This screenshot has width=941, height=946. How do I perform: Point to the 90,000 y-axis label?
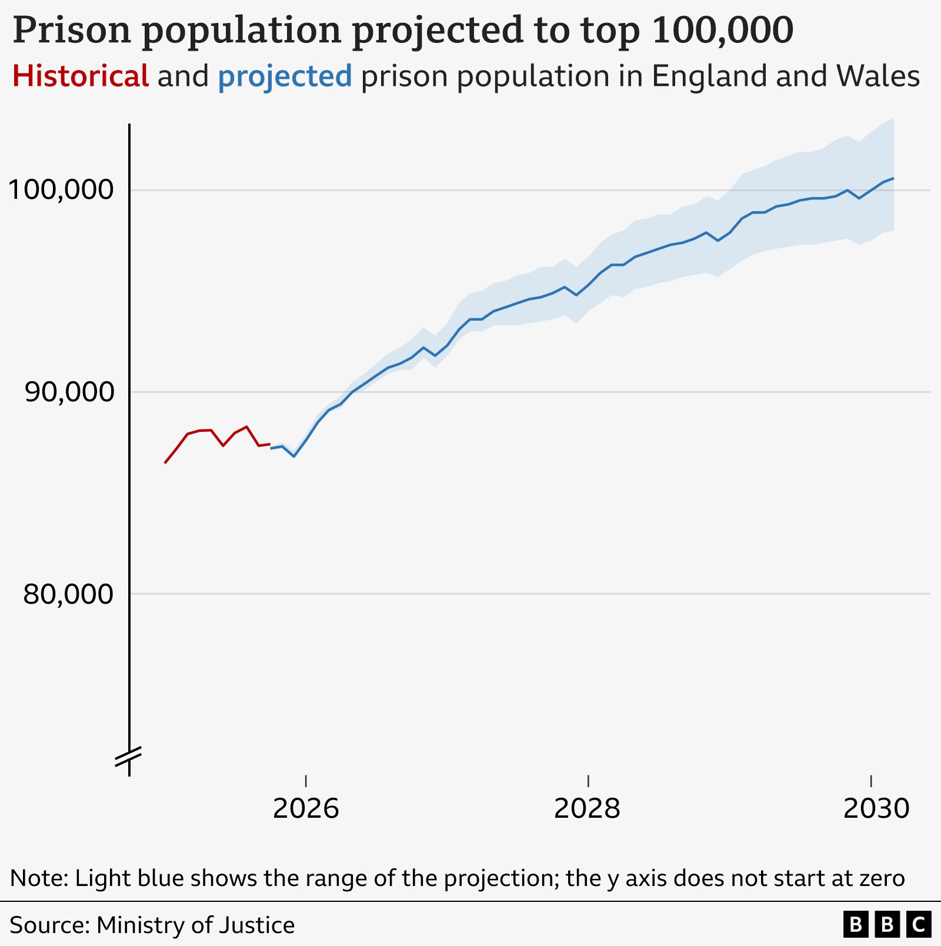click(x=68, y=392)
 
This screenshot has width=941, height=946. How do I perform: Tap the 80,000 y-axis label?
click(x=68, y=594)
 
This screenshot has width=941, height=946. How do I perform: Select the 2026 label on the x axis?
click(x=306, y=809)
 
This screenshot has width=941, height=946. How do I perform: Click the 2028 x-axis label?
click(x=587, y=809)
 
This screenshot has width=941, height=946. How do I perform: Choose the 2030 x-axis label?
click(x=876, y=809)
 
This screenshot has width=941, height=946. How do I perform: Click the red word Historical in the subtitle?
click(x=81, y=76)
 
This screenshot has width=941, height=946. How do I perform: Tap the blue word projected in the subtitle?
click(x=285, y=76)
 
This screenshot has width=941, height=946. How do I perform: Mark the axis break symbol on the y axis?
click(x=128, y=757)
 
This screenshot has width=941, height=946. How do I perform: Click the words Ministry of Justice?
click(x=195, y=925)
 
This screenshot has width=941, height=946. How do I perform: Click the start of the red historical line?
click(x=165, y=463)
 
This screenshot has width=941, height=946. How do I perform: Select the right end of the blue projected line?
click(x=893, y=178)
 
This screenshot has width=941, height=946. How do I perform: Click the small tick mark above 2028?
click(x=588, y=780)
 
